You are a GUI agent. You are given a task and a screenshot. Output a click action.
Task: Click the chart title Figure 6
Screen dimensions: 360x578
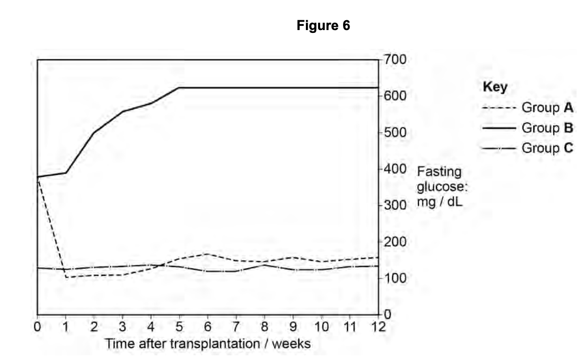[323, 26]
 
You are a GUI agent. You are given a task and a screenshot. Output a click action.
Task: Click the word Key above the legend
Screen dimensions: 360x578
[495, 87]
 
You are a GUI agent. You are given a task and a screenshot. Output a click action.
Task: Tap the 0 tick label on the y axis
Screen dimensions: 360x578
[388, 314]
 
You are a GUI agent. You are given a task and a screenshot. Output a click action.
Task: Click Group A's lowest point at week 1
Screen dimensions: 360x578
[66, 277]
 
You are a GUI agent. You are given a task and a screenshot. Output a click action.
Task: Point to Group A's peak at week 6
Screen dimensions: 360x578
[208, 254]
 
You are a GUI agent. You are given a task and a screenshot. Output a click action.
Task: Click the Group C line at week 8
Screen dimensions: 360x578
[265, 265]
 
